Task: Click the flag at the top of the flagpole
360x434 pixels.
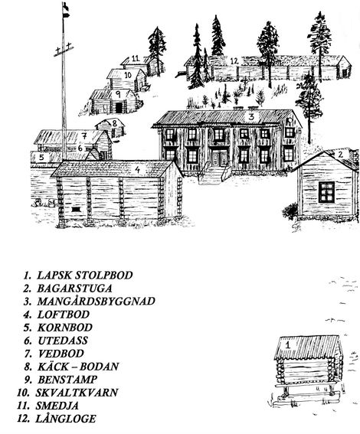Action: [x=65, y=10]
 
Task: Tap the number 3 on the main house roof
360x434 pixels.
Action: [x=251, y=116]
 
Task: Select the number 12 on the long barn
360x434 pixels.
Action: [x=234, y=61]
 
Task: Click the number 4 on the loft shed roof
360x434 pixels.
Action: [x=138, y=169]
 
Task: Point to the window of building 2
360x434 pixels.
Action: [x=326, y=192]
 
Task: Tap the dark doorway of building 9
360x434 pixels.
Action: [x=119, y=108]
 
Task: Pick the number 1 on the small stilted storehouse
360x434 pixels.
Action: [x=288, y=345]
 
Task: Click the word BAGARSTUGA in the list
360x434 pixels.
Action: [x=74, y=288]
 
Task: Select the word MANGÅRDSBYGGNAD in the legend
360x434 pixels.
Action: [x=96, y=301]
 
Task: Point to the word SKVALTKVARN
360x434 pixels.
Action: [x=77, y=393]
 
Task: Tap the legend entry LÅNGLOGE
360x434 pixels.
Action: [x=65, y=419]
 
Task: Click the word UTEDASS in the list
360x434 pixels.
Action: [x=63, y=341]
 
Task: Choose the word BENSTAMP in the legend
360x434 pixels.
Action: [x=67, y=380]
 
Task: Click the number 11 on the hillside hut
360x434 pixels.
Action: [x=136, y=59]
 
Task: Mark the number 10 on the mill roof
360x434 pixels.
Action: [x=128, y=75]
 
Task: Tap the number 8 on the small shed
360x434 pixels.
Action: [x=114, y=122]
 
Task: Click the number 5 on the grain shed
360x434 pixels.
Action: [x=41, y=157]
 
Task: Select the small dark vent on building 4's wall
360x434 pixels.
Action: [x=76, y=209]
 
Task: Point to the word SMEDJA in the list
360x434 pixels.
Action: [x=57, y=406]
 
